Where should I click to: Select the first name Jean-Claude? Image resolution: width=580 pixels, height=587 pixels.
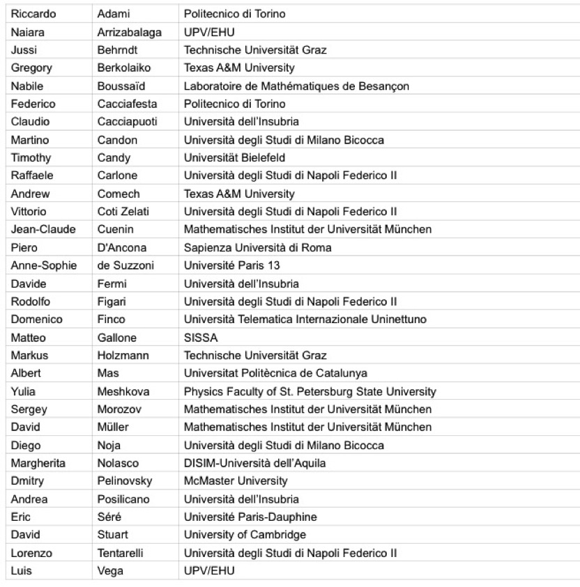43,228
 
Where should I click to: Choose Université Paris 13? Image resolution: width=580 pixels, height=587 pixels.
226,265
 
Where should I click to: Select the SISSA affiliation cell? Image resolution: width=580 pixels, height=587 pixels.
201,337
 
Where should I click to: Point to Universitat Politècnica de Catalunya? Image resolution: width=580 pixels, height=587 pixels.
275,373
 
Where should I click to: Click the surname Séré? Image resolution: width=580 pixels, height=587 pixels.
109,517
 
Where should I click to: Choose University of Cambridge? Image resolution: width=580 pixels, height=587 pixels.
241,535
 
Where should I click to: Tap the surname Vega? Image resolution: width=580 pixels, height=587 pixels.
110,572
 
